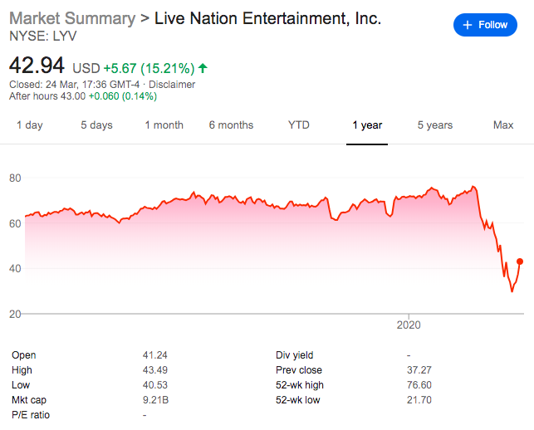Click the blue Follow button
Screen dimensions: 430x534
coord(485,25)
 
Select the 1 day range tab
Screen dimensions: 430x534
coord(30,125)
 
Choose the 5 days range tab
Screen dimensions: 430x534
coord(96,125)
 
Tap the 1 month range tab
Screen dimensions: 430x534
coord(164,125)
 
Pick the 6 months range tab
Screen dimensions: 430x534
coord(231,125)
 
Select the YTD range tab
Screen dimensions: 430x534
coord(298,125)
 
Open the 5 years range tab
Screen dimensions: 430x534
coord(434,125)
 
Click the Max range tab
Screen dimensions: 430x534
coord(503,125)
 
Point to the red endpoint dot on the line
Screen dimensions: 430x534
coord(520,261)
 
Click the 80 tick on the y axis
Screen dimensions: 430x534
coord(15,178)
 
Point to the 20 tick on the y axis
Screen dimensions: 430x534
coord(15,314)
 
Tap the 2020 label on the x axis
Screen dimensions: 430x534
coord(409,324)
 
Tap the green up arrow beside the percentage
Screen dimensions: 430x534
coord(203,66)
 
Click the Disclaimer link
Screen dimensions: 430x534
coord(173,84)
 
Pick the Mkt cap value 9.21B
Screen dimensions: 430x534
coord(155,400)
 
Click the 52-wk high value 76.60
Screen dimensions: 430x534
coord(424,385)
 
